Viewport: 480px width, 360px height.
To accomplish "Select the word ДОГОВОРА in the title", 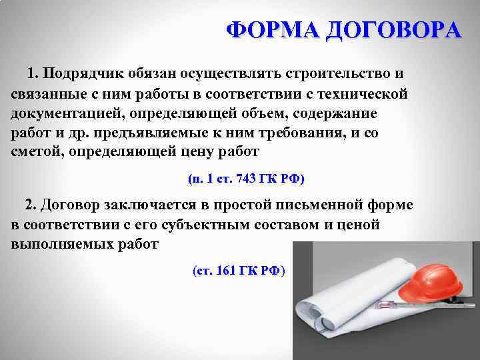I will pyautogui.click(x=394, y=31).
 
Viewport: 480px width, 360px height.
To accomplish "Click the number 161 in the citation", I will pyautogui.click(x=231, y=271).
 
